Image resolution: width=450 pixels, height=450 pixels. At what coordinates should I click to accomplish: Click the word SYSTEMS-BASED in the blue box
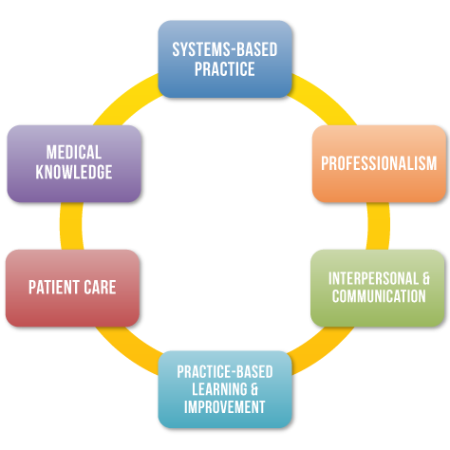point(225,49)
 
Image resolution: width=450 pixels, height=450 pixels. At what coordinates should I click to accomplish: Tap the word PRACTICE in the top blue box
point(225,69)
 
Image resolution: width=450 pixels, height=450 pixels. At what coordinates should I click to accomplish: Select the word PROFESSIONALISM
point(379,163)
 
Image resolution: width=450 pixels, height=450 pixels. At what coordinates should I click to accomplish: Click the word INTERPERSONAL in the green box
point(373,279)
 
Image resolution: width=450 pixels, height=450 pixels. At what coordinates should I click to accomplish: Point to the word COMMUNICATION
point(379,296)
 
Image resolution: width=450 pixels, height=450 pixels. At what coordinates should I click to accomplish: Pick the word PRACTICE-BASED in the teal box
point(225,372)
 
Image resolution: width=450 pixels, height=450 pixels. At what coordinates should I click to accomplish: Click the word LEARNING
point(219,389)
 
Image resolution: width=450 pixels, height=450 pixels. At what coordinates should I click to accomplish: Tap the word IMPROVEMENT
point(225,407)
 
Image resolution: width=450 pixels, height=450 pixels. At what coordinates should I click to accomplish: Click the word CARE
point(100,288)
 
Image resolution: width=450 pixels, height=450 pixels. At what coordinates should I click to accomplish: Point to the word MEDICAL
point(74,152)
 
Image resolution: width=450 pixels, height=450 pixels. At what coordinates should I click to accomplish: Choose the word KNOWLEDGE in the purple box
point(74,172)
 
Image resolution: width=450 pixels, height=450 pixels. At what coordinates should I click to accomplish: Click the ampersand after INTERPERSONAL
point(426,279)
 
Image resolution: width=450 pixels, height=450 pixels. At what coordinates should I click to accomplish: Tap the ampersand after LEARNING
point(254,389)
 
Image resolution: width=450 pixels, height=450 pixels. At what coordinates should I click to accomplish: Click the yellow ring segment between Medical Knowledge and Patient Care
point(71,226)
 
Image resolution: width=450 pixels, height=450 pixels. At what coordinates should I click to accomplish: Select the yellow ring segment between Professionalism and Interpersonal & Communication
point(379,226)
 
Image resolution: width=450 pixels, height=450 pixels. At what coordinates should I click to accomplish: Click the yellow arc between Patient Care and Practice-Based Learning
point(126,349)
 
